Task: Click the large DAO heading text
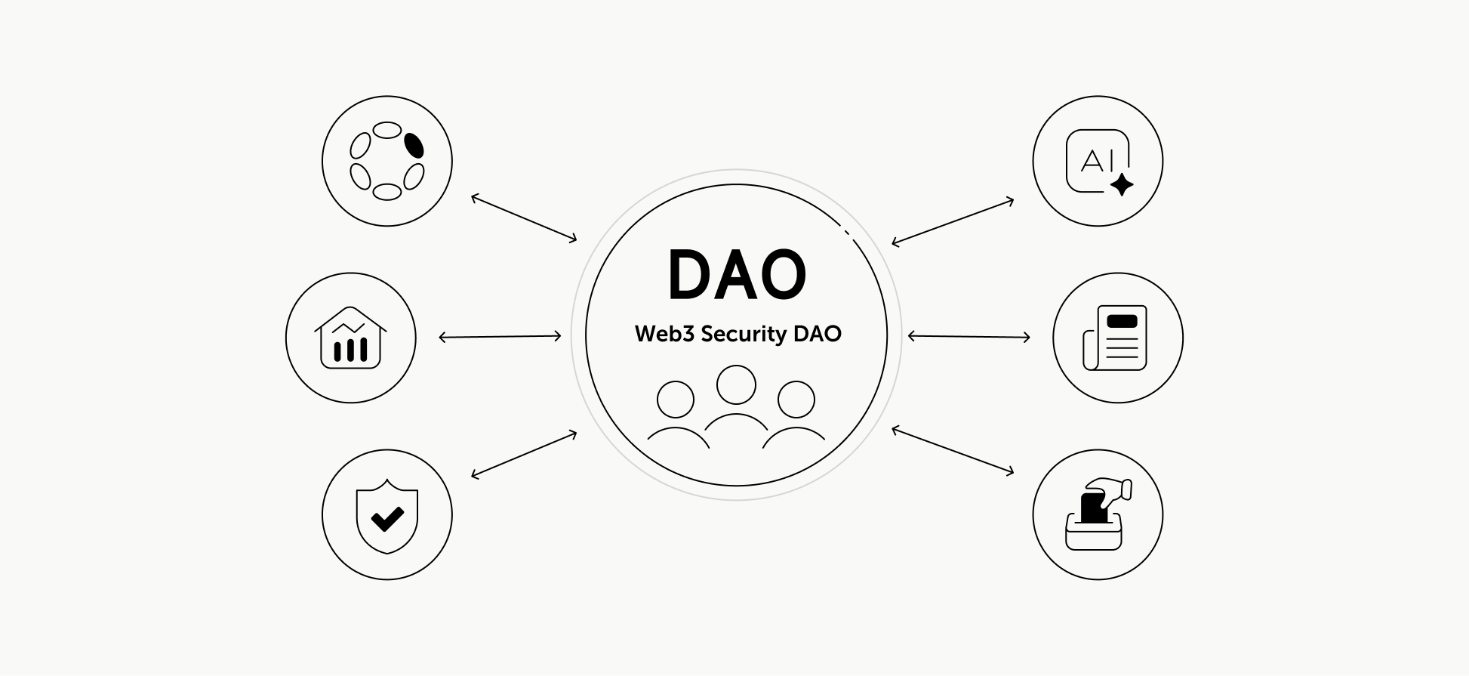[737, 275]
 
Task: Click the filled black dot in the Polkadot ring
[414, 145]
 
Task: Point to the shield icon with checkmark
[387, 515]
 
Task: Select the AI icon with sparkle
[1098, 162]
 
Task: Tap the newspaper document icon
[1116, 338]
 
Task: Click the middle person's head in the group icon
[736, 384]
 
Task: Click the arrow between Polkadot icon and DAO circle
[524, 218]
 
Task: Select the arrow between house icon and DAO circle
[500, 337]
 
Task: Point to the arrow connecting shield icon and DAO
[524, 455]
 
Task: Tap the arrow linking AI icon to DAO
[953, 222]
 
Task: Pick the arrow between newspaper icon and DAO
[969, 337]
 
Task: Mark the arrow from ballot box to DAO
[953, 451]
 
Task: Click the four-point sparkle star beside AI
[1122, 184]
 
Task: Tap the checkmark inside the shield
[387, 518]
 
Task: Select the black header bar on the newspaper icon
[1121, 320]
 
